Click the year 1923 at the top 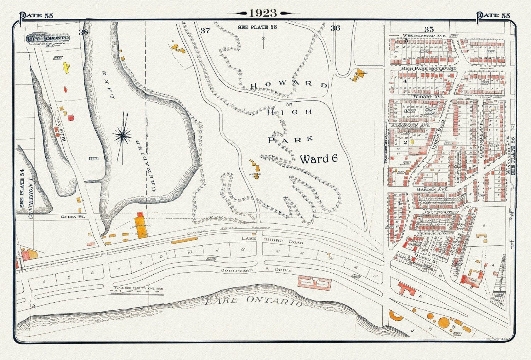point(263,13)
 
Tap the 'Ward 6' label point(319,159)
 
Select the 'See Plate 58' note point(257,27)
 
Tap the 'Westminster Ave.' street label point(419,36)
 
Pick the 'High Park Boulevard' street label point(428,68)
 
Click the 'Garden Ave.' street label point(432,190)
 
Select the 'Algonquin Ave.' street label point(410,125)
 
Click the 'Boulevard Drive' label point(257,270)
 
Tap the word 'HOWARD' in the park point(289,85)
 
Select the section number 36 point(335,28)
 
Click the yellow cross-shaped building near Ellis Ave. point(66,67)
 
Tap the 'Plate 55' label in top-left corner point(36,16)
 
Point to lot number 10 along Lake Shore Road point(190,252)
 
